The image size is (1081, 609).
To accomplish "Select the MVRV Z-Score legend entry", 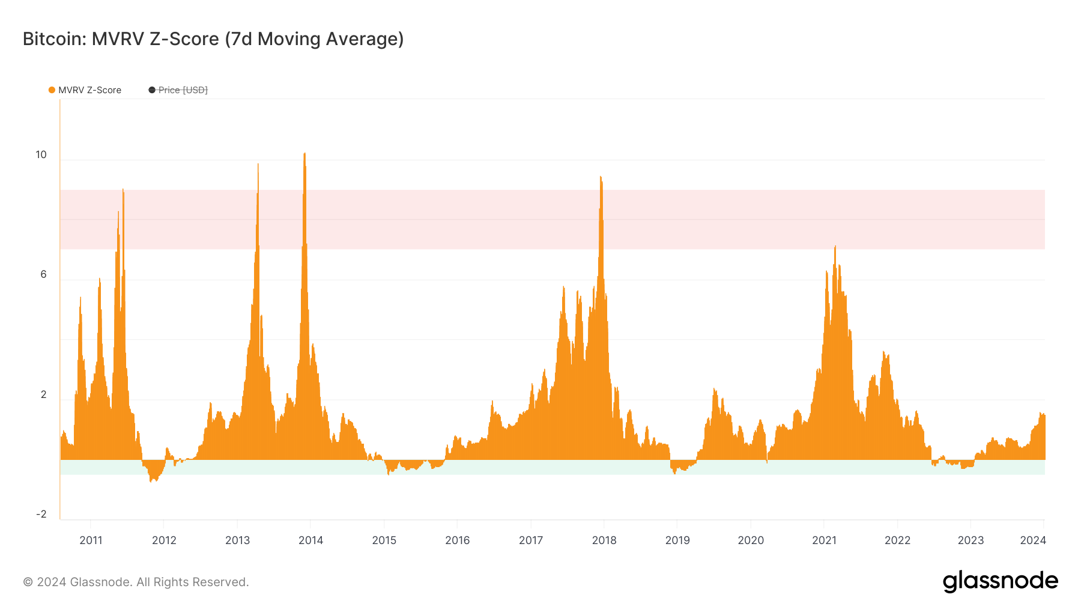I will coord(89,90).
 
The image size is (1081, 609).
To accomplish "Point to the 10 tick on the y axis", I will coord(41,155).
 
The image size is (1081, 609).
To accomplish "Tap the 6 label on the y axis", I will coord(43,274).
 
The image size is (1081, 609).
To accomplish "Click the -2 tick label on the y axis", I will coord(41,514).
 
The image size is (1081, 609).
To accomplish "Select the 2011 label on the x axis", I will coord(91,540).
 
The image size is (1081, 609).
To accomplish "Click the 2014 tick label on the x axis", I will coord(310,540).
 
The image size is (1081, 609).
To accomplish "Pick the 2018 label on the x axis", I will coord(604,540).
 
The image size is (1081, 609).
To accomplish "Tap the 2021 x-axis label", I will coord(824,540).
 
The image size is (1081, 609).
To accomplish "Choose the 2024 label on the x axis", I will coord(1033,540).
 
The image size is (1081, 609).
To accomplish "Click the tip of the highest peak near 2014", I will coord(304,153).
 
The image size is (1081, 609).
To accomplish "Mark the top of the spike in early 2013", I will coord(258,164).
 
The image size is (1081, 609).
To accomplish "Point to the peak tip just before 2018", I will coord(601,177).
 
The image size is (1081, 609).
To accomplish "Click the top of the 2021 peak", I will coord(835,246).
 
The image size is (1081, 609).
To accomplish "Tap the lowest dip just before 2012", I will coord(151,482).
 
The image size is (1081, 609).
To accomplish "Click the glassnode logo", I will coord(1000,581).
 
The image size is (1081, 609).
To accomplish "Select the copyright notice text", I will coord(136,582).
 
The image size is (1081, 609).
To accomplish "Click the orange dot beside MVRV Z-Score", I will coord(52,90).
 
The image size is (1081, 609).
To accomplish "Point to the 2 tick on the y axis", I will coord(43,394).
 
